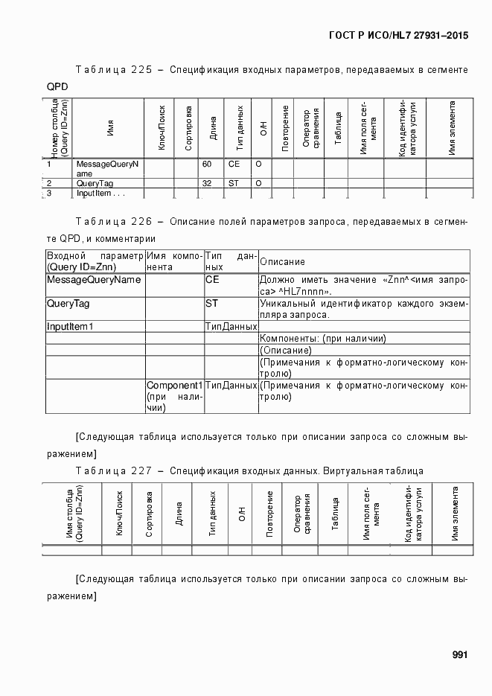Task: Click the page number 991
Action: tap(459, 655)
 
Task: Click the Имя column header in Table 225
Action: tap(110, 128)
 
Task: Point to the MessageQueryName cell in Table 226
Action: tap(94, 280)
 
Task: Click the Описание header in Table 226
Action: tap(282, 262)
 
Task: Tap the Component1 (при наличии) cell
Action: tap(174, 396)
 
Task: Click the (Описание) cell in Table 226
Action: tap(286, 350)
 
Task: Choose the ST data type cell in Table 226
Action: tap(211, 304)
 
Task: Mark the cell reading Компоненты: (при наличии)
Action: tap(323, 339)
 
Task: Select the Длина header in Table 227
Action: tap(179, 514)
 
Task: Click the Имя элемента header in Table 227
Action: tap(454, 514)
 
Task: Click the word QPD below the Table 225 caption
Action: tap(57, 87)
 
